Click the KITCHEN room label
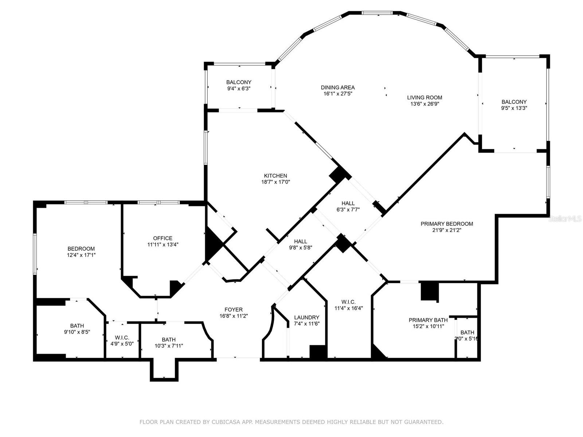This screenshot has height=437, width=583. pyautogui.click(x=275, y=176)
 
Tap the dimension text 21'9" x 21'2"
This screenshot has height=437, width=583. pyautogui.click(x=447, y=230)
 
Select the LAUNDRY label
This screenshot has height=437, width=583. pyautogui.click(x=306, y=318)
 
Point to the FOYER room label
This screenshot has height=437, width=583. pyautogui.click(x=234, y=310)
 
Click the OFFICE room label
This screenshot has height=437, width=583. pyautogui.click(x=163, y=239)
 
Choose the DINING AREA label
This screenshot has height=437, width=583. pyautogui.click(x=338, y=87)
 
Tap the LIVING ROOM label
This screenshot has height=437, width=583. pyautogui.click(x=424, y=98)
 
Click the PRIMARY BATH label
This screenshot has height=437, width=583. pyautogui.click(x=428, y=320)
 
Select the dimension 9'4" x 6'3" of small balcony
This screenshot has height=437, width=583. pyautogui.click(x=239, y=88)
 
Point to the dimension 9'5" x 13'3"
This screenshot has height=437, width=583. pyautogui.click(x=514, y=108)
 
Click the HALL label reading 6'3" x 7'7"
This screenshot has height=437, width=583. pyautogui.click(x=348, y=204)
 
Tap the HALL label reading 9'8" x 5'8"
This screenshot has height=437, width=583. pyautogui.click(x=300, y=241)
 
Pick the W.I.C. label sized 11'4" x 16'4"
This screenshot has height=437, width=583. pyautogui.click(x=348, y=302)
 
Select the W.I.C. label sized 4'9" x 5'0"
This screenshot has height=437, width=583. pyautogui.click(x=122, y=338)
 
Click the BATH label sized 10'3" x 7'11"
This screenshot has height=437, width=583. pyautogui.click(x=169, y=339)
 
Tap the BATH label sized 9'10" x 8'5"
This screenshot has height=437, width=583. pyautogui.click(x=77, y=326)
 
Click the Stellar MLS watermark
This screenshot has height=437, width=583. pyautogui.click(x=565, y=219)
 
